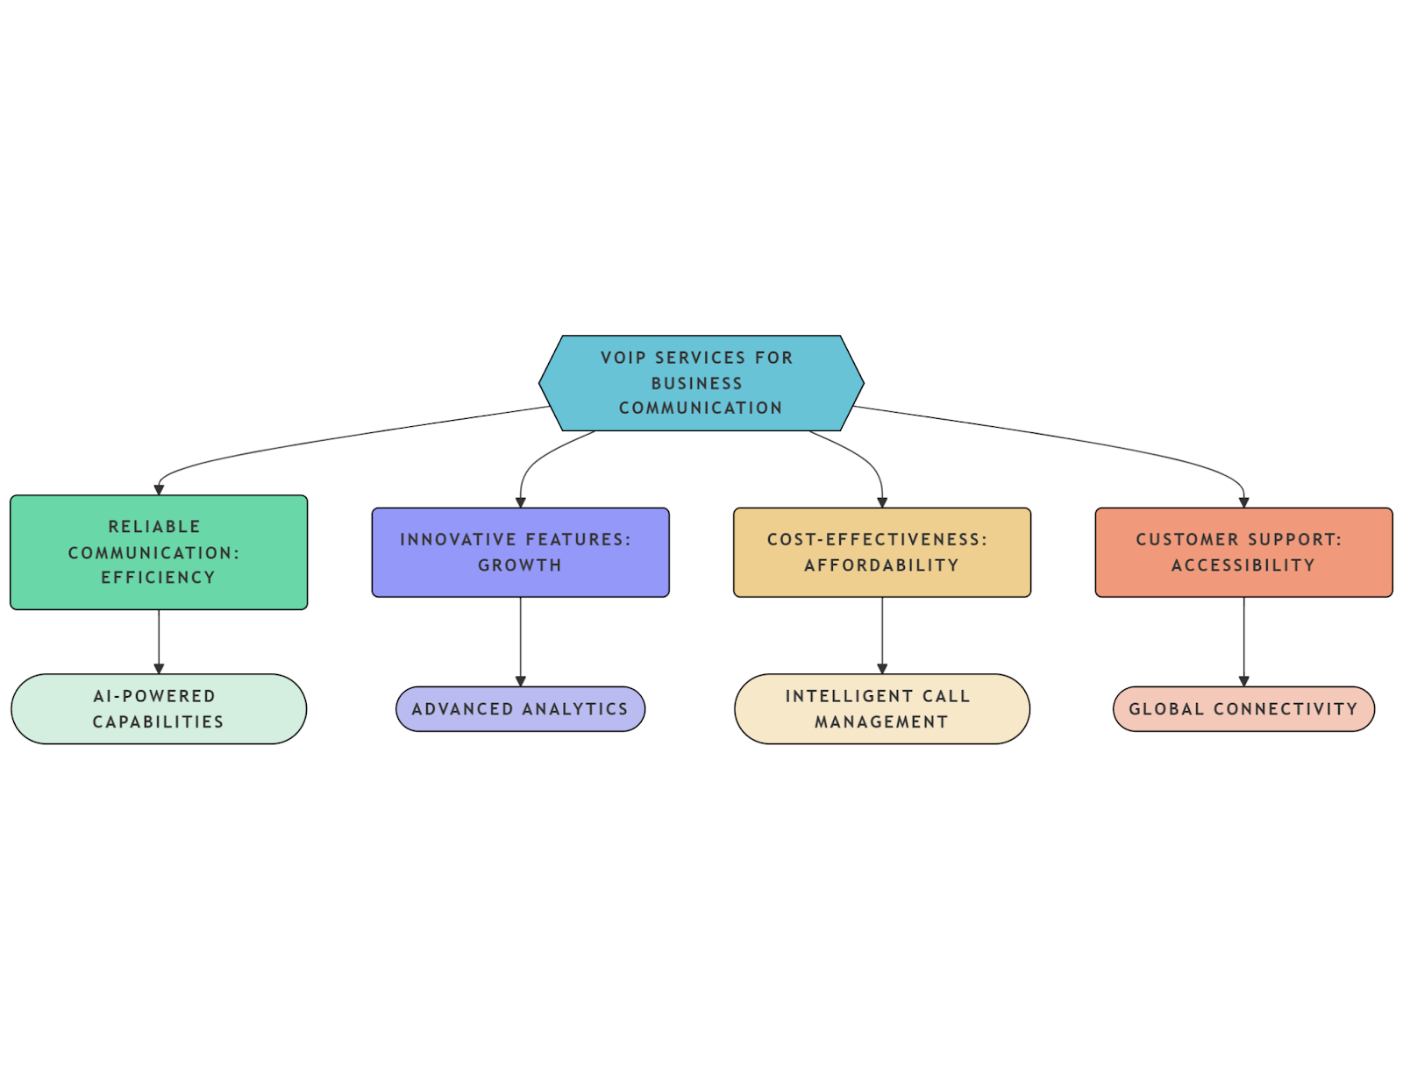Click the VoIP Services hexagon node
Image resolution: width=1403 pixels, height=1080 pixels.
click(x=701, y=383)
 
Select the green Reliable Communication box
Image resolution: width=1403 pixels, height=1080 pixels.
click(x=159, y=552)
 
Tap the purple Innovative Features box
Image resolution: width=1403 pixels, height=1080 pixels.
click(x=520, y=552)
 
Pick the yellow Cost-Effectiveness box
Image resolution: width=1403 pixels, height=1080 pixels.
click(x=882, y=552)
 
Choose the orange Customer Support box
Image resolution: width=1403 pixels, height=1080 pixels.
click(x=1243, y=552)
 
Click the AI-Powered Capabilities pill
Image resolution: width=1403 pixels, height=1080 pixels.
click(x=159, y=709)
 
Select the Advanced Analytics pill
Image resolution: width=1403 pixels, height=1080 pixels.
click(x=520, y=709)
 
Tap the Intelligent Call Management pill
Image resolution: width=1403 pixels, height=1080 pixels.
click(x=882, y=709)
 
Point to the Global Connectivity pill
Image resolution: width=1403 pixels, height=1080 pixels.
click(x=1243, y=709)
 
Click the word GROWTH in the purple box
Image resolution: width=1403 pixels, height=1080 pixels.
click(x=520, y=565)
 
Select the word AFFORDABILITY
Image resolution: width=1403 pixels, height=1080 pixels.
click(x=882, y=565)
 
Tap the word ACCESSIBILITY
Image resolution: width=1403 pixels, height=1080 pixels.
click(x=1243, y=565)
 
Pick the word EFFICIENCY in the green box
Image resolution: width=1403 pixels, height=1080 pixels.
click(x=159, y=578)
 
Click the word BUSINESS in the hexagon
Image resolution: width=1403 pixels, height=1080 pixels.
click(x=697, y=383)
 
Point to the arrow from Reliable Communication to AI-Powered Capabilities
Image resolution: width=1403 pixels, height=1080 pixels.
click(x=159, y=640)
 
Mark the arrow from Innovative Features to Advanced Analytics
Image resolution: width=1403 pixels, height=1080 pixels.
click(x=520, y=640)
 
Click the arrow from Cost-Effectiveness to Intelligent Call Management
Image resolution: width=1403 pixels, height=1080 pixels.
click(x=882, y=635)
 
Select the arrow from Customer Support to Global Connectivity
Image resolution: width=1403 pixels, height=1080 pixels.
click(x=1243, y=640)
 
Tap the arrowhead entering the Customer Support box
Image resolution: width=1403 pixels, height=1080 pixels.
click(x=1243, y=502)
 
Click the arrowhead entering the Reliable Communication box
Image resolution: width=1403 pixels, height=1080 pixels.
click(x=159, y=490)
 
